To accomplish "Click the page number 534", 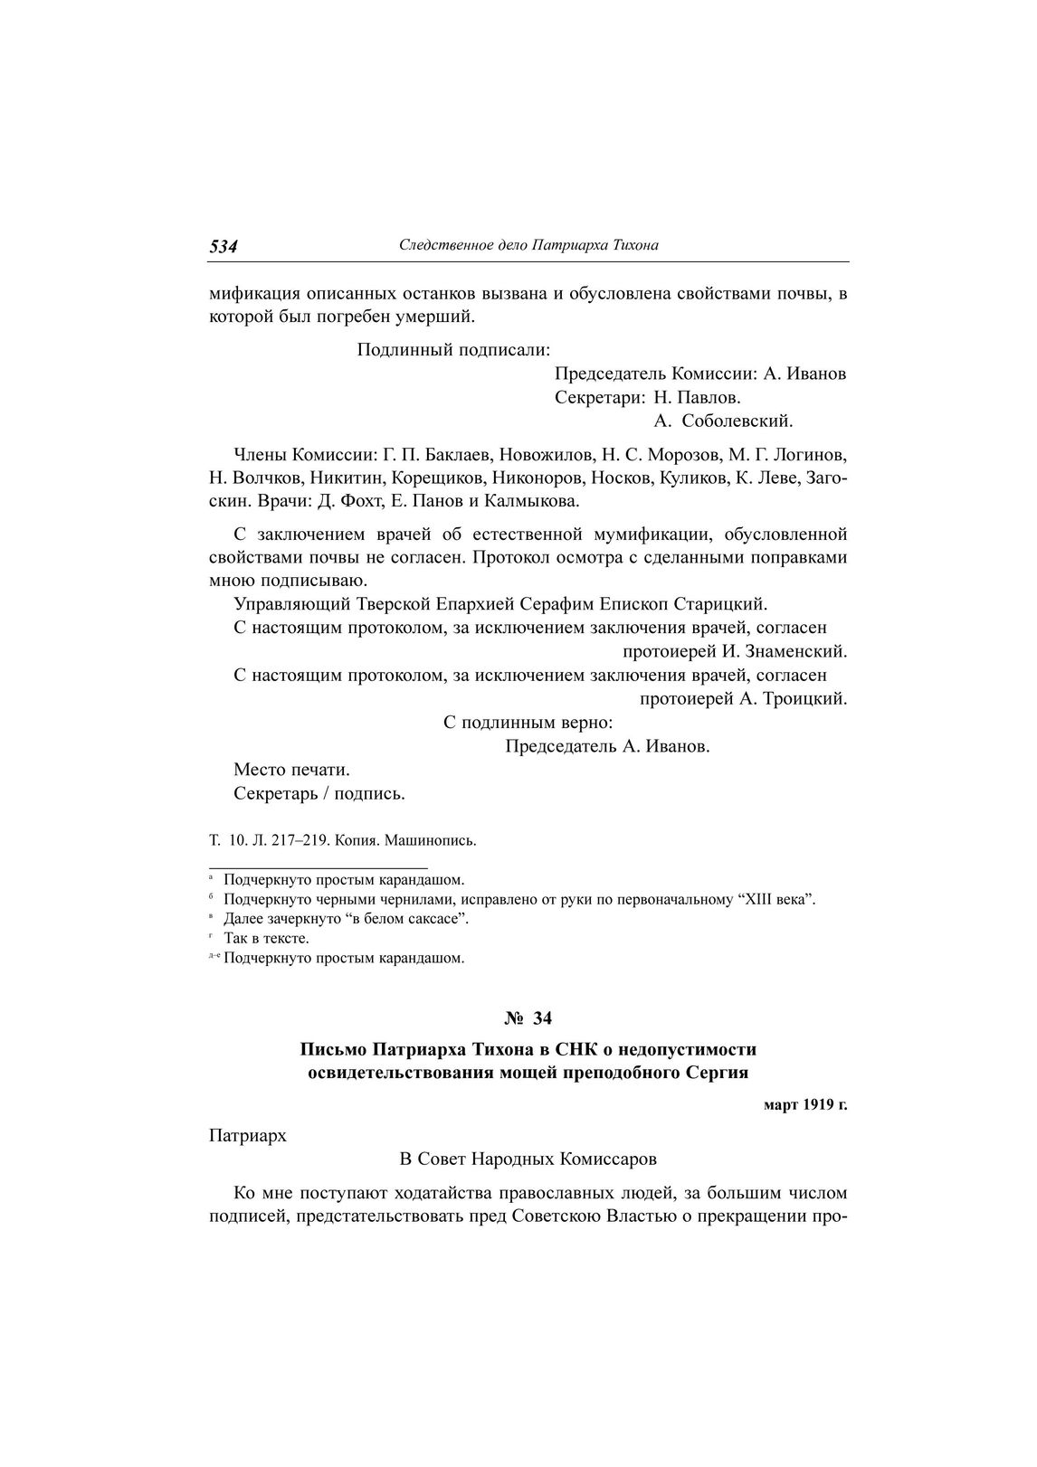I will point(224,246).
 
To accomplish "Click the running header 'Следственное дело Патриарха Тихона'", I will point(528,245).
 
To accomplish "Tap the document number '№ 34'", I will point(528,1018).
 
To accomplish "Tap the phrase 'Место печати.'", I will point(291,770).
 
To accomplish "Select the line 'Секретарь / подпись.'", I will point(319,794).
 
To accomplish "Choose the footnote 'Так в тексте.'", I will point(266,938).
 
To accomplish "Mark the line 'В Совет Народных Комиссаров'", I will point(528,1159).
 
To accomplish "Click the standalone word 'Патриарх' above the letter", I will point(247,1135).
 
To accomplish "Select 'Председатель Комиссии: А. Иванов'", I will point(699,374).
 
